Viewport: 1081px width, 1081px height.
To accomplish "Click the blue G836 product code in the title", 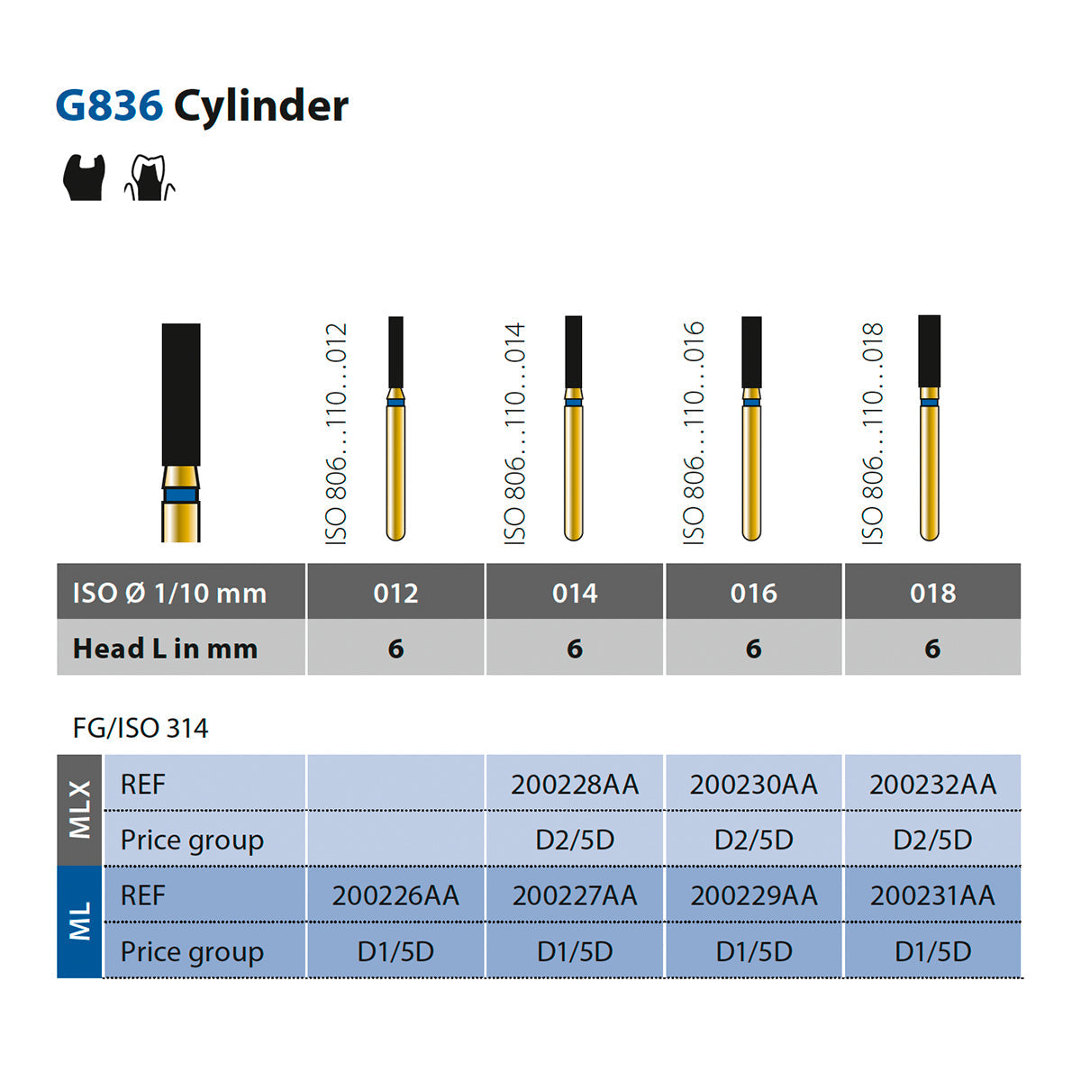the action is (109, 105).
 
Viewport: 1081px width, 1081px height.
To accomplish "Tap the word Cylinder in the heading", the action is (261, 107).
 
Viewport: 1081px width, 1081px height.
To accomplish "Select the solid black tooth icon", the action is (84, 177).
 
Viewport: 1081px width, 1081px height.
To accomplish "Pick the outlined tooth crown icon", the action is (150, 177).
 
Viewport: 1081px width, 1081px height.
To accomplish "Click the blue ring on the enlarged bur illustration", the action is (181, 495).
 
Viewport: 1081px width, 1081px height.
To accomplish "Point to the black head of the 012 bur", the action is (395, 351).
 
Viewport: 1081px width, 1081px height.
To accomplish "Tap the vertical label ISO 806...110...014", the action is (515, 433).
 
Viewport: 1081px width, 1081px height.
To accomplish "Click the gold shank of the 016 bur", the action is (751, 471).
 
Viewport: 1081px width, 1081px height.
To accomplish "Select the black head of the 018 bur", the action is (929, 351).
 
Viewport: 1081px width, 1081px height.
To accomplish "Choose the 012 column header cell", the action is (395, 593).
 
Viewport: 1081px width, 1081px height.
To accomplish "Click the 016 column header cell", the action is (753, 593).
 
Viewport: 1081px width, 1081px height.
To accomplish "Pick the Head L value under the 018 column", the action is (932, 649).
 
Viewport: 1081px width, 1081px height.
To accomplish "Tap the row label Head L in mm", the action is (165, 649).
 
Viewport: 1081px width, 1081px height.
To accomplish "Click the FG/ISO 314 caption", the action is (141, 728).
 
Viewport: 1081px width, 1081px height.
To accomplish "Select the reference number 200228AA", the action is (575, 785).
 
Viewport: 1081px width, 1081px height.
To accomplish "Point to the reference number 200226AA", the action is (395, 895).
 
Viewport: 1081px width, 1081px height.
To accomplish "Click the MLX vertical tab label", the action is (79, 810).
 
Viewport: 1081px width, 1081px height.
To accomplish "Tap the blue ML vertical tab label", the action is (79, 922).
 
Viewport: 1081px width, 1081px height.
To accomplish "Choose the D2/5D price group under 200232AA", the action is (932, 840).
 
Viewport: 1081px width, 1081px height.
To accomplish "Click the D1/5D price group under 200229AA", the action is (753, 951).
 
